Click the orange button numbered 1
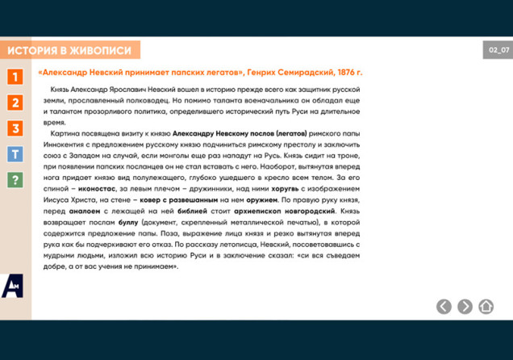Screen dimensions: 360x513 (x=15, y=77)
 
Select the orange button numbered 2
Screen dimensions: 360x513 (x=15, y=103)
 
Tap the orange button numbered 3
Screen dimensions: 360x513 (x=15, y=128)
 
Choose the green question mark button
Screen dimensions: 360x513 (x=15, y=180)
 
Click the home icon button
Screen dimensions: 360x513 (x=486, y=306)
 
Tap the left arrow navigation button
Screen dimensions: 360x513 (x=444, y=306)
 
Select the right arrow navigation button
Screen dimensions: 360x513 (x=465, y=306)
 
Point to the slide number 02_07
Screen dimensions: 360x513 (x=498, y=50)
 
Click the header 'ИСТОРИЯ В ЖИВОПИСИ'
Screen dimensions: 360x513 (x=70, y=50)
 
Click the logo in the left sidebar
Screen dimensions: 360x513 (x=13, y=286)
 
